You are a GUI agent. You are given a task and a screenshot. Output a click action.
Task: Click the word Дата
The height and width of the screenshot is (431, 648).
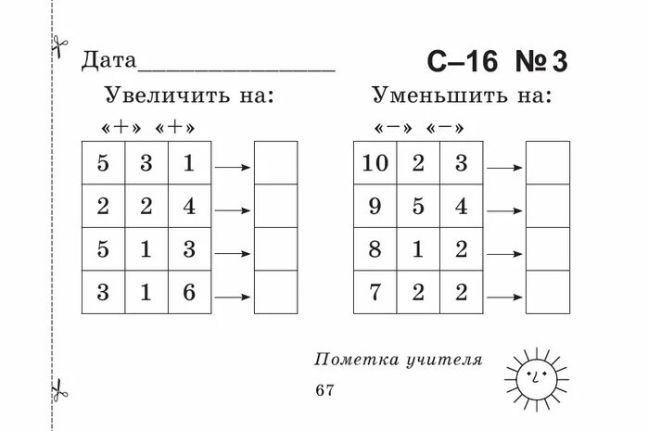coord(108,61)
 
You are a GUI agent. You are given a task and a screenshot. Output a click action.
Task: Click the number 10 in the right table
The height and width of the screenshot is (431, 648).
coord(375,163)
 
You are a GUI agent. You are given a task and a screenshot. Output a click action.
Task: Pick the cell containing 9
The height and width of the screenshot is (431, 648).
coord(375,206)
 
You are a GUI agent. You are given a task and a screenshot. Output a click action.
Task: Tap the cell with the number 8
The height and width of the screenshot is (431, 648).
coord(375,249)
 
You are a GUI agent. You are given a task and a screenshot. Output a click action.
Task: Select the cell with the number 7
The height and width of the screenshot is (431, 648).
coord(375,293)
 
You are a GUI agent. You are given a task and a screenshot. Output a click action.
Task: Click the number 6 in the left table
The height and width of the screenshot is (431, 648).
coord(189,293)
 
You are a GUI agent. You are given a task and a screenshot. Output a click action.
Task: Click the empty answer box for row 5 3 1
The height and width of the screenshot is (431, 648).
coord(275,163)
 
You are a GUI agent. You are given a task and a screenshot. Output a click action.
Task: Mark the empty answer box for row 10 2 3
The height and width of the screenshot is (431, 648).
coord(547,163)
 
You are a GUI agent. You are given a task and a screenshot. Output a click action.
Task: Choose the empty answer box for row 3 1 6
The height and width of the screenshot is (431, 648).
coord(275,293)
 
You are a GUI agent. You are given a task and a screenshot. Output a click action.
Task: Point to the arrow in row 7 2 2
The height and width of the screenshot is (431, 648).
coord(504,297)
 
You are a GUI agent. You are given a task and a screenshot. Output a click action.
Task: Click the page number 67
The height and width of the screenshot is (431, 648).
coord(324,390)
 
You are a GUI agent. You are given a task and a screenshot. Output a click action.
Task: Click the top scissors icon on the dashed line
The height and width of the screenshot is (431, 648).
coord(59,45)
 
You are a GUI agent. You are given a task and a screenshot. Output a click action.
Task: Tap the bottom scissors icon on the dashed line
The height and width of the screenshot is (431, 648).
coord(59,390)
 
